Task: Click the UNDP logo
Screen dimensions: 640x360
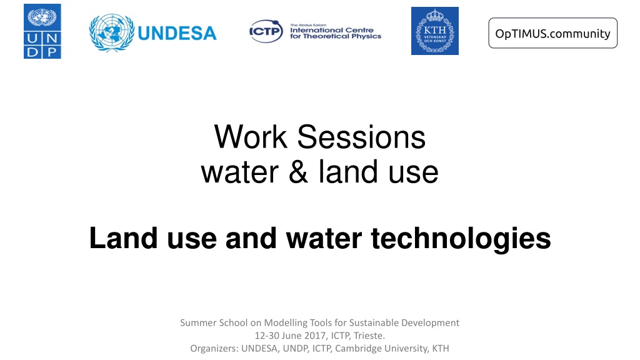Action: (42, 31)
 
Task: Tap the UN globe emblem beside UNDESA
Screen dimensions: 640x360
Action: (111, 32)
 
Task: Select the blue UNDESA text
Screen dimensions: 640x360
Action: (177, 34)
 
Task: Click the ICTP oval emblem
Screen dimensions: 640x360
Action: (266, 31)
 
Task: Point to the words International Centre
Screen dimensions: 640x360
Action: (332, 30)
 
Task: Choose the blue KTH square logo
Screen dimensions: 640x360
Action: (435, 31)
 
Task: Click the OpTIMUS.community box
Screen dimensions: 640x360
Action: (552, 33)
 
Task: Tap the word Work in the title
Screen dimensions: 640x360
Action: (251, 137)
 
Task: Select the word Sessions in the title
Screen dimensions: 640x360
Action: (361, 137)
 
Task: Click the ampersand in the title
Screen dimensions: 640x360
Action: (298, 172)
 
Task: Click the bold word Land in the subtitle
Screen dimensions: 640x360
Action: (123, 238)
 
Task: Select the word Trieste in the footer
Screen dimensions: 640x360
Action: (369, 336)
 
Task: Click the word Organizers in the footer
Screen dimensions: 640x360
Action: (214, 349)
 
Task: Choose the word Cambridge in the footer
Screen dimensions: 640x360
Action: (355, 349)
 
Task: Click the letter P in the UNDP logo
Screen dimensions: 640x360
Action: (52, 52)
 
